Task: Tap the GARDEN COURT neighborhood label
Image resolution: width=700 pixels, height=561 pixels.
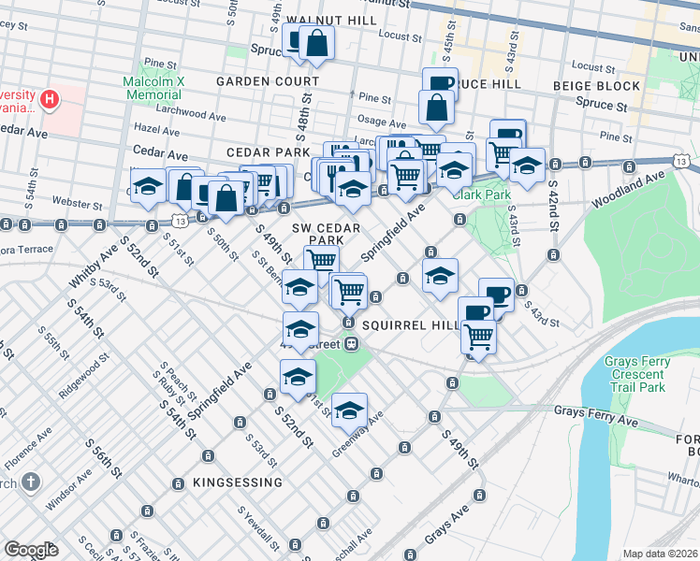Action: pyautogui.click(x=268, y=81)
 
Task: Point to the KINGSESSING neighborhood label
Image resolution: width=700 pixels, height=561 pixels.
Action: pyautogui.click(x=237, y=482)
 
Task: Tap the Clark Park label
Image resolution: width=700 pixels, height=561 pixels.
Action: pyautogui.click(x=481, y=195)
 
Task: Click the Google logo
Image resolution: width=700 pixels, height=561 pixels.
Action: pyautogui.click(x=31, y=550)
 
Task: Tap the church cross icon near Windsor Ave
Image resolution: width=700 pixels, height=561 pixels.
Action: pyautogui.click(x=30, y=482)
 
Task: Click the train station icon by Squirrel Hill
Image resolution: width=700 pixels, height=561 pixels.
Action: pyautogui.click(x=354, y=344)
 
